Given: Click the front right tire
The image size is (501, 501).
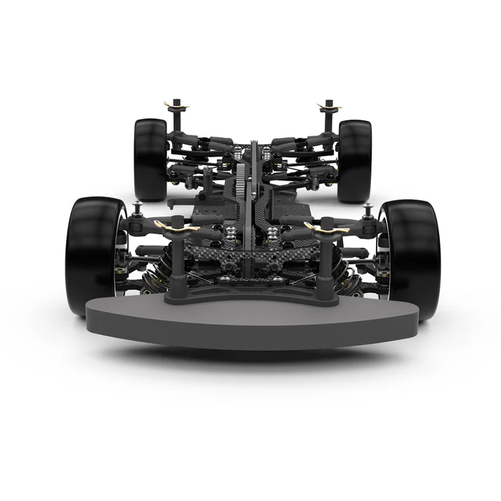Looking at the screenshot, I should click(410, 259).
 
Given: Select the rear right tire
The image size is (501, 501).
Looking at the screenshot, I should click(354, 160).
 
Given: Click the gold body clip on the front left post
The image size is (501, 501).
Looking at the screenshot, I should click(171, 227).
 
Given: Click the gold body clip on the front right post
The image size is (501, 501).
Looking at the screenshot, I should click(327, 228).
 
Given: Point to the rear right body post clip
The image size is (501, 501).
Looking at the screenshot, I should click(328, 107).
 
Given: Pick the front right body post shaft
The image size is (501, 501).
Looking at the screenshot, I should click(327, 266).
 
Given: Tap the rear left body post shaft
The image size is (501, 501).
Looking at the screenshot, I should click(176, 119).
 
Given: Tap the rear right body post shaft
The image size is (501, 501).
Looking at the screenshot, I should click(328, 121).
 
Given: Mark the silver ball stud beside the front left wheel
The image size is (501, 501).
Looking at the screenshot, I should click(137, 209).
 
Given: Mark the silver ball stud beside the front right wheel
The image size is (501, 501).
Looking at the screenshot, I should click(368, 210).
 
